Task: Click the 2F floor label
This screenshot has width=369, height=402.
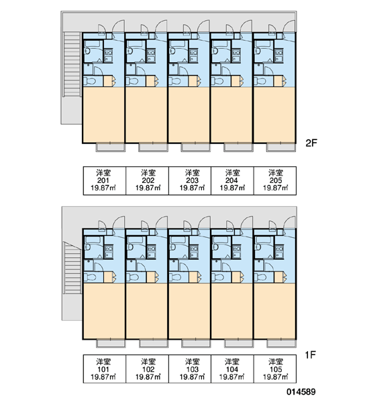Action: (x=311, y=143)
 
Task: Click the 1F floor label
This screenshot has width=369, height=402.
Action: (x=310, y=355)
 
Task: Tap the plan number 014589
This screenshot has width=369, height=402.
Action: (x=301, y=392)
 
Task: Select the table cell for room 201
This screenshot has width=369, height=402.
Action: (x=104, y=181)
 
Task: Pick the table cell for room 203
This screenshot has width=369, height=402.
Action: (x=190, y=181)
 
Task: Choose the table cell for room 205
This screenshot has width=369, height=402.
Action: (x=275, y=181)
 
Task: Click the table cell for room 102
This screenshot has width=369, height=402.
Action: (x=147, y=369)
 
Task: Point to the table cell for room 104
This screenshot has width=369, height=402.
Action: (x=232, y=369)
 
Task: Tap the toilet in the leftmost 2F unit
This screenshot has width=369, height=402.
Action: (x=90, y=82)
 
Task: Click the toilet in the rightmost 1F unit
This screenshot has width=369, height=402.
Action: (x=260, y=277)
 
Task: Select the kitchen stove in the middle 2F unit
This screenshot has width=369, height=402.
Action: (x=193, y=56)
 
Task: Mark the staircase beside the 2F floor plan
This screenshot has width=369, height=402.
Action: (x=72, y=64)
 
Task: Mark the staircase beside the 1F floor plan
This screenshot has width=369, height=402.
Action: (x=72, y=268)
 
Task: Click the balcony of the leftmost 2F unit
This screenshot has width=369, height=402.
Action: (x=111, y=147)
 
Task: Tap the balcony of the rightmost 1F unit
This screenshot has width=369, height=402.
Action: (x=281, y=344)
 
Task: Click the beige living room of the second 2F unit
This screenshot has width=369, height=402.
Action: (x=146, y=115)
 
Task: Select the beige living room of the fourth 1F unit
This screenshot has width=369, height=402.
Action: (x=232, y=311)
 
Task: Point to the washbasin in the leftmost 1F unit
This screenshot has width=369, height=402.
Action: (x=87, y=247)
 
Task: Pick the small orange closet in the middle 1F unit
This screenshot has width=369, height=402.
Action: (x=193, y=277)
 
